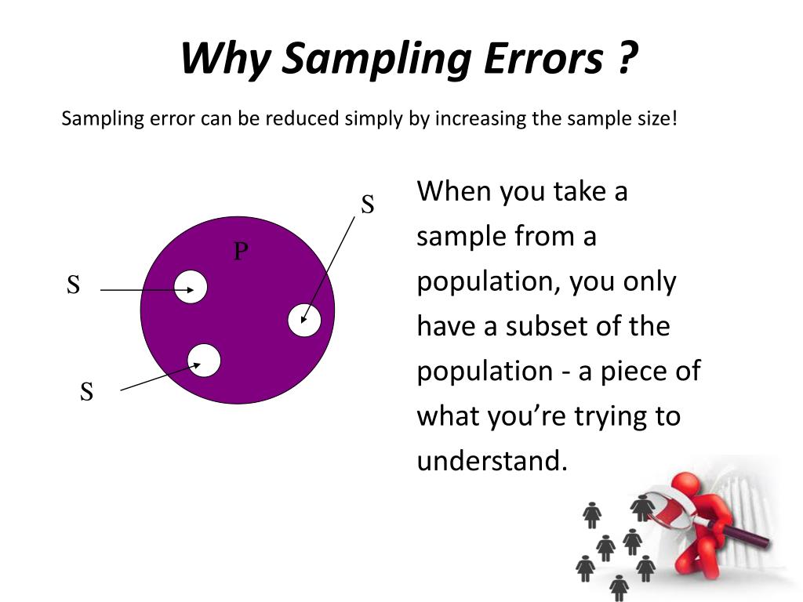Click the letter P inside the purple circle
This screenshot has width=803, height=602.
(241, 251)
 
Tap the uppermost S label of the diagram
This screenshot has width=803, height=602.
(367, 205)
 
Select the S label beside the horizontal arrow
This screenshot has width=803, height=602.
(73, 285)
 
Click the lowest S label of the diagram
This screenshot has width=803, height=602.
(86, 391)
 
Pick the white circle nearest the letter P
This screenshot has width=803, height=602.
(191, 287)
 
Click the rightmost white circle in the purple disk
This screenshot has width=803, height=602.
(304, 320)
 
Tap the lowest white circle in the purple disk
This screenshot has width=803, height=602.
(204, 360)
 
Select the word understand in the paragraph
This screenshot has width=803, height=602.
(490, 460)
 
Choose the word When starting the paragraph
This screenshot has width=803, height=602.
(452, 191)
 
